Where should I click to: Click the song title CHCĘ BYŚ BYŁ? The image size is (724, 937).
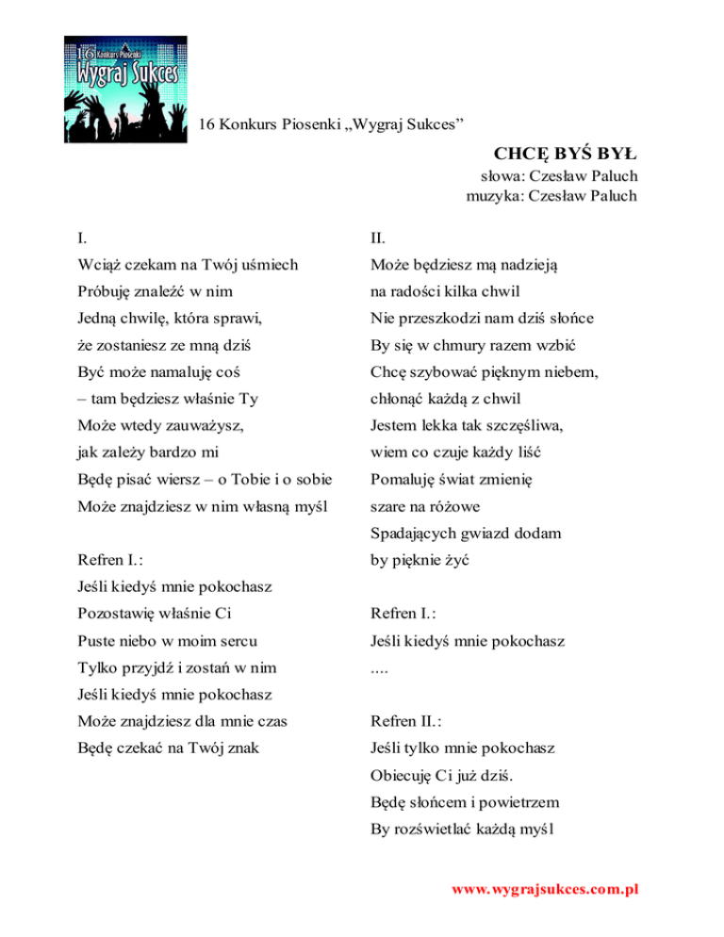(x=565, y=153)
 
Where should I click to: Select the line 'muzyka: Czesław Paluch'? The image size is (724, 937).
(x=551, y=196)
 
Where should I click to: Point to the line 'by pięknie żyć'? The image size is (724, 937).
(x=420, y=560)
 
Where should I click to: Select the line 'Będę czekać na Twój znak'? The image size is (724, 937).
(x=170, y=749)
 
